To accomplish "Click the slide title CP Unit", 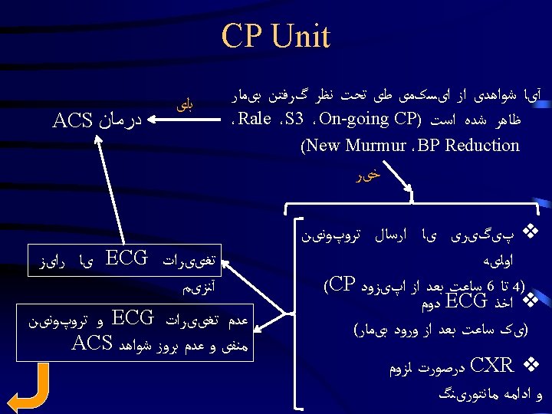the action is click(x=276, y=36).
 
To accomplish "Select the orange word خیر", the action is click(x=369, y=176).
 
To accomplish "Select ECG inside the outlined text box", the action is click(x=124, y=257).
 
